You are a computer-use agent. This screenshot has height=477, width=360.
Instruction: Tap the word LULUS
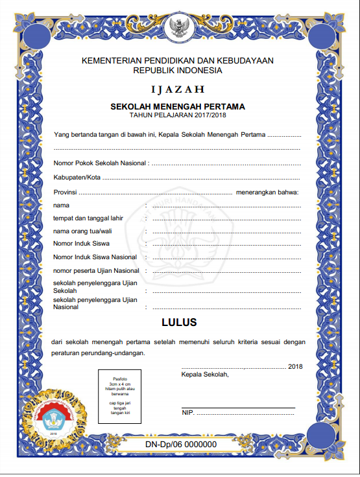179,322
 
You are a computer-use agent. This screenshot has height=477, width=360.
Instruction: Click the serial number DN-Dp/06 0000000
180,444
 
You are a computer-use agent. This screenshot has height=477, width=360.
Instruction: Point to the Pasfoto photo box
121,397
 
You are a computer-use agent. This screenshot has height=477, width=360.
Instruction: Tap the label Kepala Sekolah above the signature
204,374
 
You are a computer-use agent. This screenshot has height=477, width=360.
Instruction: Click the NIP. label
188,412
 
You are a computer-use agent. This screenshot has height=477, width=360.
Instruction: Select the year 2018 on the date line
295,367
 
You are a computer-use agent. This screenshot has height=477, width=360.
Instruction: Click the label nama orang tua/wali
82,231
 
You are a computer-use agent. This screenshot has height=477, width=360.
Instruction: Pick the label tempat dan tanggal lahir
88,218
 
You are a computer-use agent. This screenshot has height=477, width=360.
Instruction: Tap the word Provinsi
66,191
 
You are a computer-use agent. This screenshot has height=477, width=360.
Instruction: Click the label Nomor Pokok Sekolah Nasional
100,163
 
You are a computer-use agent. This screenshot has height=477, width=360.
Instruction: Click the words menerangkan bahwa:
267,191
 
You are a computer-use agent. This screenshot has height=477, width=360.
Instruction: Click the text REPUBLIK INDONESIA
178,70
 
